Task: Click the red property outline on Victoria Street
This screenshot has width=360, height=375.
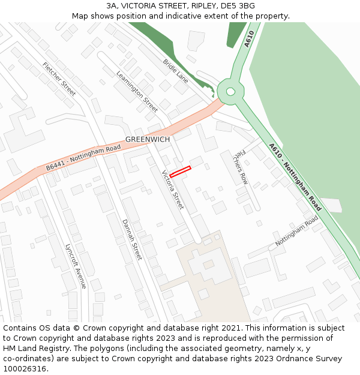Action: [180, 171]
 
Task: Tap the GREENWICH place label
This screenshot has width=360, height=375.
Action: [148, 139]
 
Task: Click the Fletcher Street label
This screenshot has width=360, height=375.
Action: [59, 79]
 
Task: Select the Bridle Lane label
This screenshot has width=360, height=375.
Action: [176, 71]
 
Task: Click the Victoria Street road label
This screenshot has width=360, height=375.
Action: [173, 190]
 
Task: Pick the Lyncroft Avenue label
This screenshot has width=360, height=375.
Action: [76, 265]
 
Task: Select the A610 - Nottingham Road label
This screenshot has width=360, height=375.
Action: [295, 177]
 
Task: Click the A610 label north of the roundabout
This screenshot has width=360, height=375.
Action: [249, 39]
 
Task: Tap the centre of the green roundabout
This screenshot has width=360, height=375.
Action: [229, 92]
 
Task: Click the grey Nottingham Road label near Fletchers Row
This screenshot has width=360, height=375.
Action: [296, 231]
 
